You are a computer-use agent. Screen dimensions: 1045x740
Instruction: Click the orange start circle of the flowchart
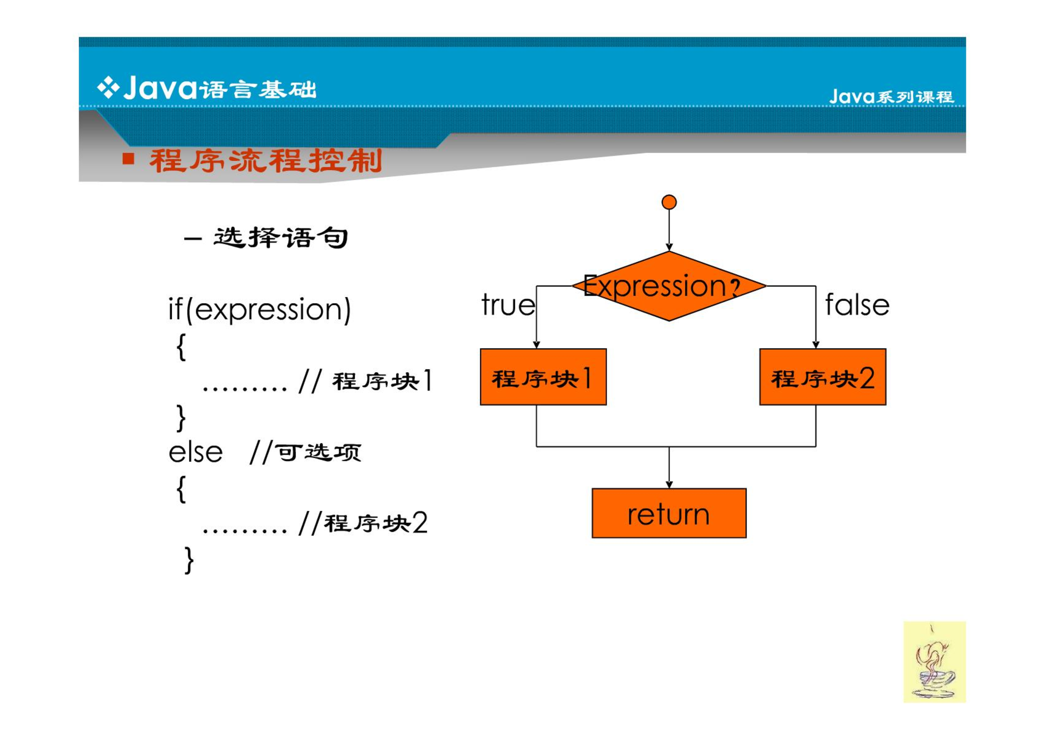(x=669, y=202)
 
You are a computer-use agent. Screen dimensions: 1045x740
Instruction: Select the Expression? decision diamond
(x=669, y=286)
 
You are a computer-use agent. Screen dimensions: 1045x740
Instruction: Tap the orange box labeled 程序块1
(x=543, y=376)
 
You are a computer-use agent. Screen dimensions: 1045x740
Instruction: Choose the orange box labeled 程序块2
(x=822, y=376)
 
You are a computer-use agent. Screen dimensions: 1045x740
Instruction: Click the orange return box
(x=669, y=513)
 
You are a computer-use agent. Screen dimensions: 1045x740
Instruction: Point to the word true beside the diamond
(x=508, y=305)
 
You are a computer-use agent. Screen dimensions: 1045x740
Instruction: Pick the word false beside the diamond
(x=857, y=305)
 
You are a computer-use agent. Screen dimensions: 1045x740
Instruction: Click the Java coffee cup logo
(x=934, y=662)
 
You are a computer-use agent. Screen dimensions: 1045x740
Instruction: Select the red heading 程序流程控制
(x=265, y=161)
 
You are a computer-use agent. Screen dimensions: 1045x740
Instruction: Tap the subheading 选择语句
(x=280, y=238)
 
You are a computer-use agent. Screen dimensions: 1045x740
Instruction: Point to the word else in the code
(x=195, y=452)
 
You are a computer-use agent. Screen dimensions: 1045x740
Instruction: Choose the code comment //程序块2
(x=363, y=523)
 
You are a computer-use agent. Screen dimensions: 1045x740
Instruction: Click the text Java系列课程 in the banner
(x=891, y=97)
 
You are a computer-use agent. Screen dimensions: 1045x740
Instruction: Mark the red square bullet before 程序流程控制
(x=128, y=159)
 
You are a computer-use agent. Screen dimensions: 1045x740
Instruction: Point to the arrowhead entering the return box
(x=669, y=485)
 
